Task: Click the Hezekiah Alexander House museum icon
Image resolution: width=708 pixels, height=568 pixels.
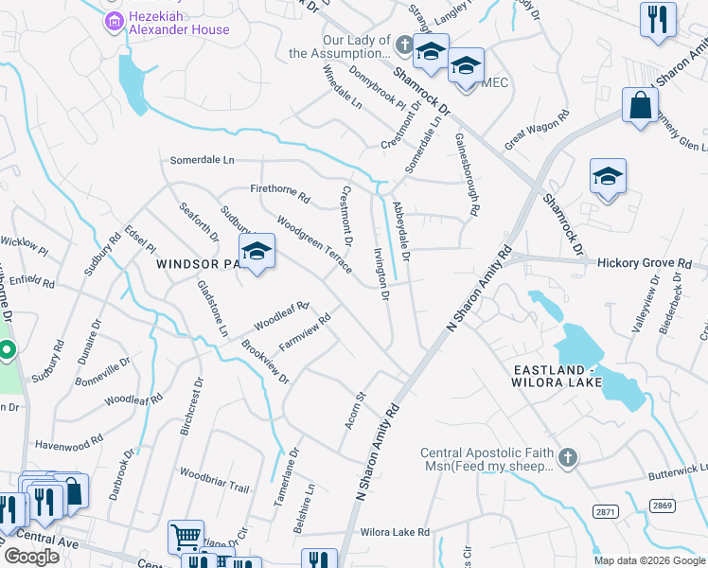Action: click(114, 20)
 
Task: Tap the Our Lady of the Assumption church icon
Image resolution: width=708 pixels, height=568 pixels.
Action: click(404, 44)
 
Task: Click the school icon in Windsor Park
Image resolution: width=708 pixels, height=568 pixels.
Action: click(256, 251)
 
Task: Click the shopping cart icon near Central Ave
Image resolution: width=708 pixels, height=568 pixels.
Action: click(186, 537)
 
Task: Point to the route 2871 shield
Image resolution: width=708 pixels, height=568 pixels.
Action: click(606, 511)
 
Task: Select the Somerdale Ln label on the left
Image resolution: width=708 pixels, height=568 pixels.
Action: click(202, 160)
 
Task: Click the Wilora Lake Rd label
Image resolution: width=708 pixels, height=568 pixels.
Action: click(395, 532)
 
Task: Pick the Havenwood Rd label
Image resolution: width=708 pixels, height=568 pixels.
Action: click(69, 443)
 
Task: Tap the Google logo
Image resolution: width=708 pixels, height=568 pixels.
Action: click(31, 557)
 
